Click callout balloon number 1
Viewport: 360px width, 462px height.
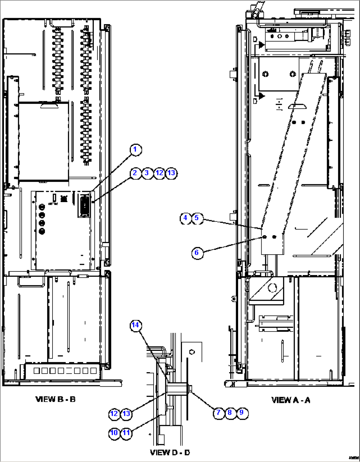point(135,150)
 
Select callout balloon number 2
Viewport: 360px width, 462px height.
point(135,173)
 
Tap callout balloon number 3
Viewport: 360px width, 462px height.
point(147,173)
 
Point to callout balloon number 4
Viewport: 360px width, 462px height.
point(186,218)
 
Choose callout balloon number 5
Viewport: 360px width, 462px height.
point(197,218)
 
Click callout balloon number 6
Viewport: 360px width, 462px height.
point(197,253)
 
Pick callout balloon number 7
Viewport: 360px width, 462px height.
point(218,413)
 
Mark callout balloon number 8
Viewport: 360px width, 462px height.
point(230,413)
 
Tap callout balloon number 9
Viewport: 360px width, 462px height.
point(242,413)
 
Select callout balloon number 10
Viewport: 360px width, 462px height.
point(114,433)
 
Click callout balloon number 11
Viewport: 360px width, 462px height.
point(126,433)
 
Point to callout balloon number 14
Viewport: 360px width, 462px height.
point(135,325)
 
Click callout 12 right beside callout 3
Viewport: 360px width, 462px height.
point(159,173)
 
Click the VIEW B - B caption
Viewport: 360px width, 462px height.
point(55,399)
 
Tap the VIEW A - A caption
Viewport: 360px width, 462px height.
point(291,400)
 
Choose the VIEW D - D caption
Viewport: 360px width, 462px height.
point(170,452)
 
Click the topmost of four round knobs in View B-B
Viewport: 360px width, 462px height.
point(42,207)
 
